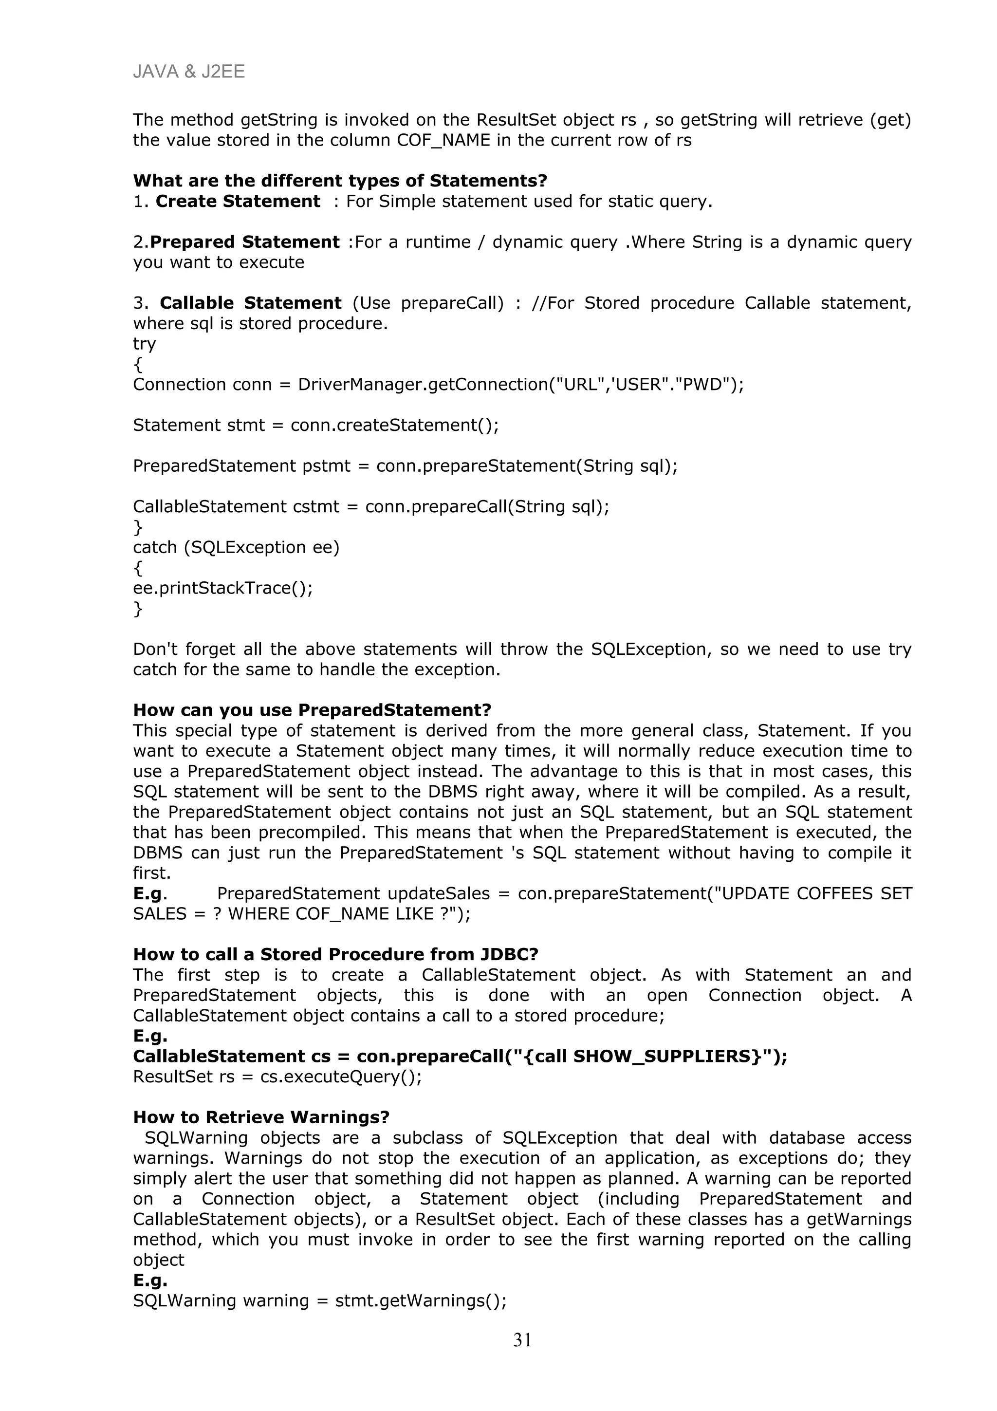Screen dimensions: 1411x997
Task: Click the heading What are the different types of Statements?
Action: pos(340,181)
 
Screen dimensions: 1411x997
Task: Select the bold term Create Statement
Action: pos(237,202)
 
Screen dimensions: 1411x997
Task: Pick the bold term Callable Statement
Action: pos(250,303)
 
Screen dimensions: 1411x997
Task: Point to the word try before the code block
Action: pos(145,344)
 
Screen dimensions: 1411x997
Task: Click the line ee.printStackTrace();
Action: pos(222,588)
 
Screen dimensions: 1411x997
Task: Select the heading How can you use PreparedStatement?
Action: pos(312,710)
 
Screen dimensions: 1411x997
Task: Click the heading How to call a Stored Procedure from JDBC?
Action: pos(335,954)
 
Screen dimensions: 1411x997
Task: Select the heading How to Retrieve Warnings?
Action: pos(261,1117)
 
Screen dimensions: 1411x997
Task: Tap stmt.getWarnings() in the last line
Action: pos(420,1300)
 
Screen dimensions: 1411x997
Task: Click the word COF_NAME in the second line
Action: pos(443,140)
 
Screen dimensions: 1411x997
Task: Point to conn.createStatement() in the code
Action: pos(393,425)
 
